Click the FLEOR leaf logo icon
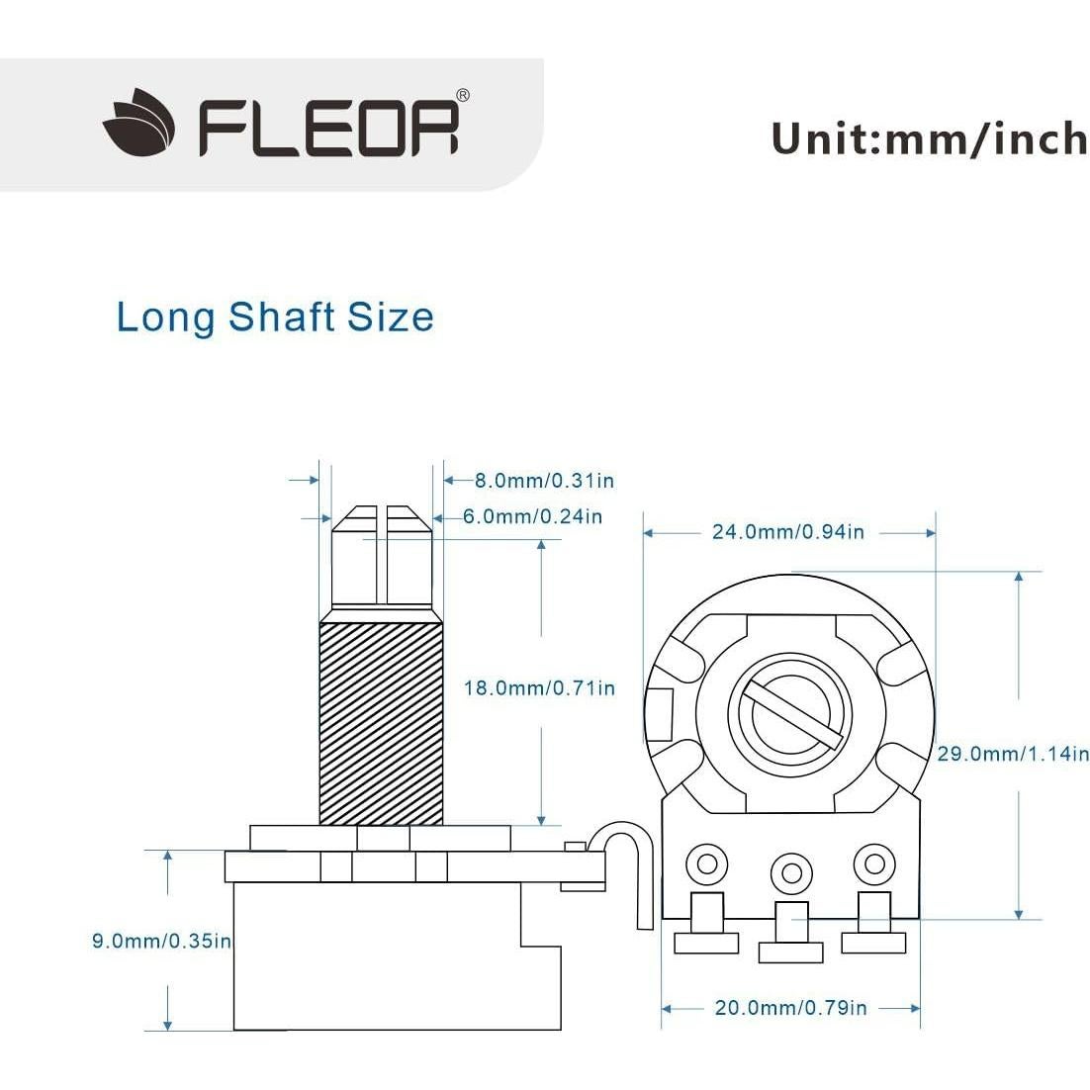coord(138,126)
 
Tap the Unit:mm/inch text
coord(928,138)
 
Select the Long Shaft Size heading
coord(275,318)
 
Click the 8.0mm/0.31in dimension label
coord(544,481)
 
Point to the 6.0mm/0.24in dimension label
coord(532,516)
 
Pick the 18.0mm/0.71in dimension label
coord(539,687)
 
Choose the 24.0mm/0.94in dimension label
coord(788,532)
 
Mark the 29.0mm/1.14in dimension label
coord(1012,754)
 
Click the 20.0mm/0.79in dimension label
coord(790,1008)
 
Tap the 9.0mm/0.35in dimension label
coord(161,941)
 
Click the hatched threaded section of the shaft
coord(381,722)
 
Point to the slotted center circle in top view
coord(788,715)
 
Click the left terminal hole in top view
coord(706,863)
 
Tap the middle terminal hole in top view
coord(790,872)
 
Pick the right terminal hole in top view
coord(874,863)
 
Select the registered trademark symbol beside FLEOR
coord(462,96)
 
